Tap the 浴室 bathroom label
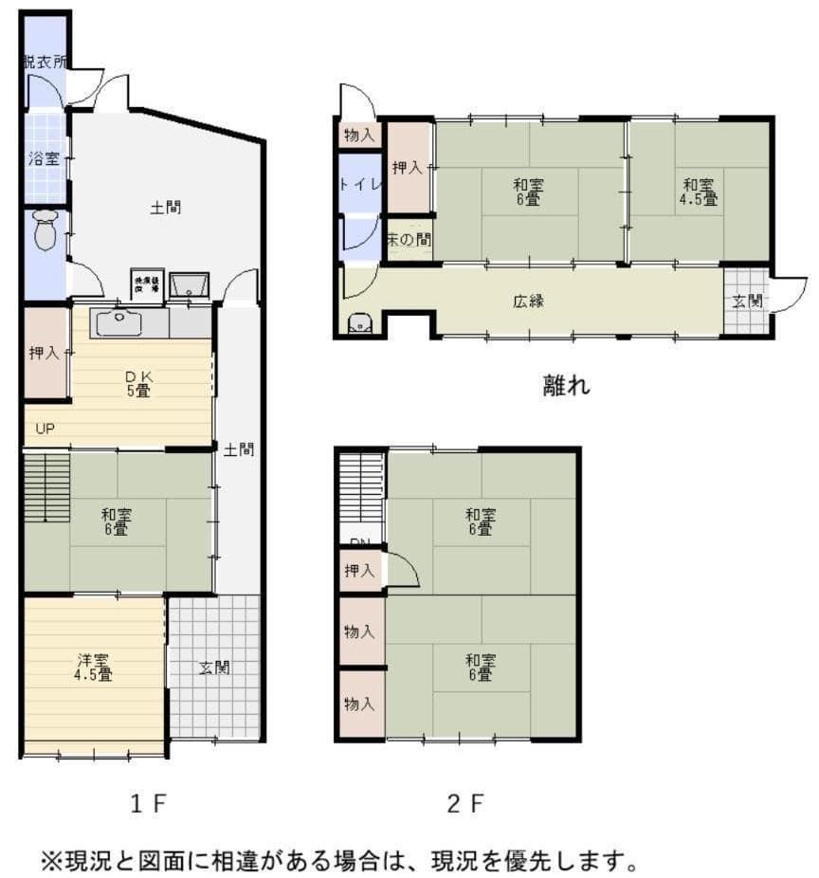coord(43,158)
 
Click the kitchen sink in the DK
coord(118,321)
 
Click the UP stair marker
coord(45,429)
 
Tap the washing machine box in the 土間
coord(148,283)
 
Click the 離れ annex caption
coord(566,385)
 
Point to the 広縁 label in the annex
coord(529,302)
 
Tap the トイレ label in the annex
coord(360,184)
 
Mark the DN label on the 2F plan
coord(360,543)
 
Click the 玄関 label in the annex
coord(747,302)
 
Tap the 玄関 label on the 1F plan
coord(214,667)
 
